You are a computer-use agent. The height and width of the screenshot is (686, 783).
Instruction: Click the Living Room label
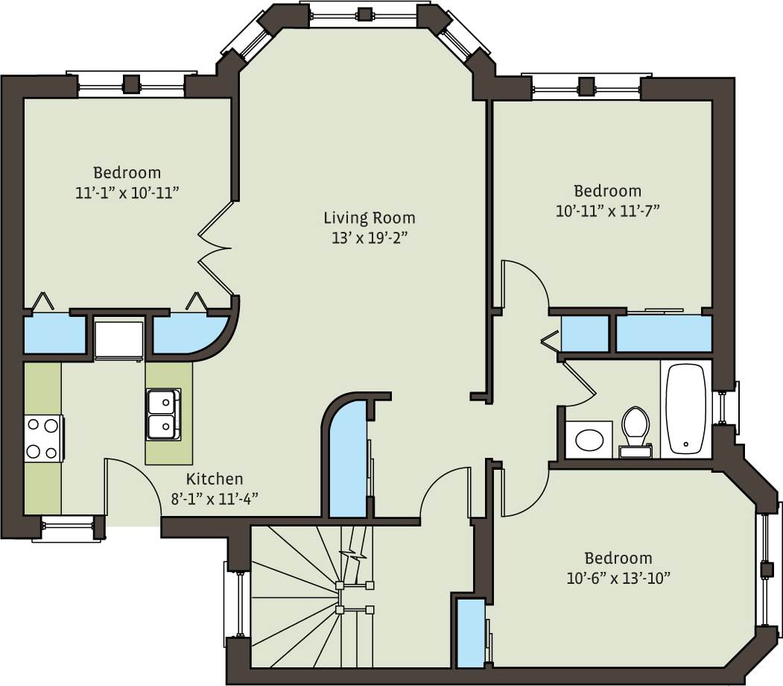[369, 218]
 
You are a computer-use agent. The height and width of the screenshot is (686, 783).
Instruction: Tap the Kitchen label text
[215, 479]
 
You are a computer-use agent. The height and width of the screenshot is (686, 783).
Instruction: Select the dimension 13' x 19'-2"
[369, 238]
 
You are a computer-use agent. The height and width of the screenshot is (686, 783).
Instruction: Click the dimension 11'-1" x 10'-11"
[127, 192]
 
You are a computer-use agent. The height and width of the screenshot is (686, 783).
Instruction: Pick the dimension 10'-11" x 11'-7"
[607, 210]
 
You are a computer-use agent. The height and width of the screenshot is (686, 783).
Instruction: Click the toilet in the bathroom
[635, 430]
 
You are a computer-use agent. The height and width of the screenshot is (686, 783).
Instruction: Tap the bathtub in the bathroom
[685, 408]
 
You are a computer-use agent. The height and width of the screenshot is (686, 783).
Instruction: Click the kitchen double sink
[162, 414]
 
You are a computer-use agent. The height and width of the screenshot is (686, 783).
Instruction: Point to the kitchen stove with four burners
[42, 438]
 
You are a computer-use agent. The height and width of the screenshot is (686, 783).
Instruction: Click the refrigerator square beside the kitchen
[118, 339]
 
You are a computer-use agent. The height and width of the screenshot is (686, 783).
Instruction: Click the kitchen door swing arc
[134, 485]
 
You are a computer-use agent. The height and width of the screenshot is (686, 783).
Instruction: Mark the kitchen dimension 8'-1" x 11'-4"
[215, 499]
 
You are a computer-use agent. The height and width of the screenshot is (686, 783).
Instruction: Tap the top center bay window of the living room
[364, 13]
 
